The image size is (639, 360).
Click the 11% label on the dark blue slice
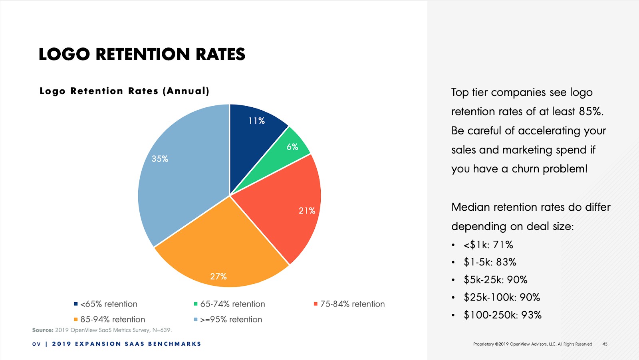coord(256,121)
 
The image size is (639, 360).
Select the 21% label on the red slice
coord(307,211)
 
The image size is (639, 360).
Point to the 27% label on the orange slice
coord(218,277)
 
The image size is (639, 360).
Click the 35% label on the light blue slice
coord(160,159)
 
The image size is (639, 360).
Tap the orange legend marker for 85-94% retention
coord(76,319)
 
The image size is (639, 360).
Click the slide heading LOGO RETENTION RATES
coord(142,54)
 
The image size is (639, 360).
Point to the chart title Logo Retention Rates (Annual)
coord(124,91)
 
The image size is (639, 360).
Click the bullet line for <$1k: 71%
coord(488,245)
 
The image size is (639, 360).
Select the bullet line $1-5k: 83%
coord(490,262)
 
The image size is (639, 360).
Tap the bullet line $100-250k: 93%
coord(502,315)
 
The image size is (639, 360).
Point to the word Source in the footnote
coord(42,330)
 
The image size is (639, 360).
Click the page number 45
coord(605,344)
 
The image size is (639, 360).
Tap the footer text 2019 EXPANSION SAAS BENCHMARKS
coord(127,344)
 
